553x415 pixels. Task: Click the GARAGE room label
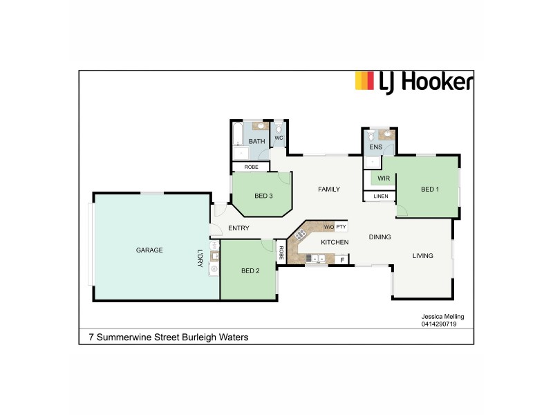pos(149,250)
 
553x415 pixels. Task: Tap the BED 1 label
pos(430,190)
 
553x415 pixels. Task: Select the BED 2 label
pos(250,270)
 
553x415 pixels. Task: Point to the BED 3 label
pos(263,196)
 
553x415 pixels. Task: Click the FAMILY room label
pos(329,189)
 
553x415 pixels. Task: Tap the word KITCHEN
pos(335,242)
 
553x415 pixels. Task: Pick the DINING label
pos(379,237)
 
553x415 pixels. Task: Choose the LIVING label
pos(422,256)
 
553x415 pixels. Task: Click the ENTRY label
pos(238,228)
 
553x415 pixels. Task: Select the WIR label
pos(384,178)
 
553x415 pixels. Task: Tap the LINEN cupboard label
pos(381,196)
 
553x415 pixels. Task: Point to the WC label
pos(279,138)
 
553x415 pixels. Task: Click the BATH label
pos(256,142)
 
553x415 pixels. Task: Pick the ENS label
pos(376,147)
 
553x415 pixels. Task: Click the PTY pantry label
pos(341,227)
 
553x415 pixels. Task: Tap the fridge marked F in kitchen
pos(341,260)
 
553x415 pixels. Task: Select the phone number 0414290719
pos(440,324)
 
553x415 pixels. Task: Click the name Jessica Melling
pos(442,317)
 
